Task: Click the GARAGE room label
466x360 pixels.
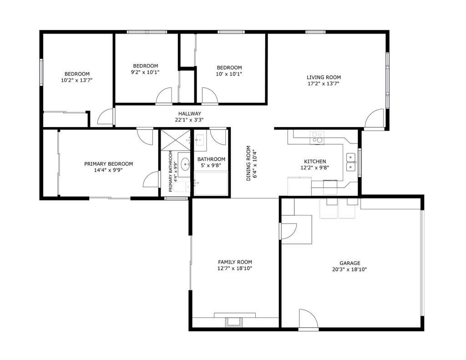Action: (x=349, y=263)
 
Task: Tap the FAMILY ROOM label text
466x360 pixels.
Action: (x=235, y=262)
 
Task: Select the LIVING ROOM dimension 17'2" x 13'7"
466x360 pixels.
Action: (x=323, y=84)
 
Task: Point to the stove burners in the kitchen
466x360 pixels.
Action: (x=317, y=137)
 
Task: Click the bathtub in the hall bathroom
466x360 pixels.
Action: (x=211, y=183)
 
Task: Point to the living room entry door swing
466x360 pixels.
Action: (x=375, y=119)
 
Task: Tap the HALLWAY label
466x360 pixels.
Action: (x=189, y=114)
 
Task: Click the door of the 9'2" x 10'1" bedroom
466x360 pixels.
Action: (x=164, y=96)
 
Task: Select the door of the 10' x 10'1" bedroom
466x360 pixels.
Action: (x=209, y=96)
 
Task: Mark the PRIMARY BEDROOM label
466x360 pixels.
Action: (x=108, y=164)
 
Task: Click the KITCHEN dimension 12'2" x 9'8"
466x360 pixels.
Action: (x=314, y=167)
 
